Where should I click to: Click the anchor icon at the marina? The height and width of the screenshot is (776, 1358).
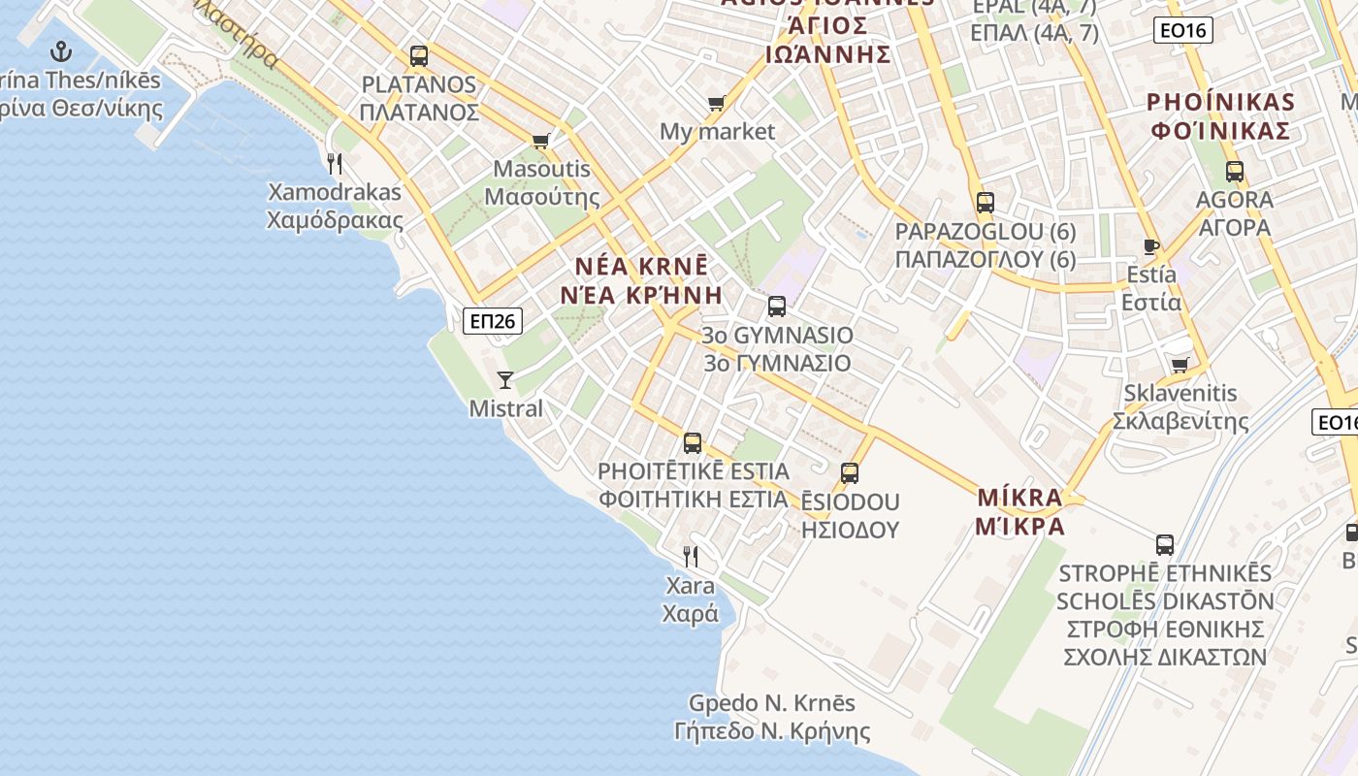click(61, 51)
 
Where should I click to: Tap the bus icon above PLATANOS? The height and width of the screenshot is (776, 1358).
click(419, 56)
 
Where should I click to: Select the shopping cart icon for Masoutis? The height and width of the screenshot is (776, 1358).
click(541, 141)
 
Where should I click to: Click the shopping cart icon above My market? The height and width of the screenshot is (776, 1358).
click(717, 103)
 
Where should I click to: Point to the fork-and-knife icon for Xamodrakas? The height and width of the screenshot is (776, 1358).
click(335, 163)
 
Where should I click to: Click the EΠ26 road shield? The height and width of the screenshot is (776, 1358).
click(493, 320)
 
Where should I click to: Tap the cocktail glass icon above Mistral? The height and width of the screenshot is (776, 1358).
click(505, 379)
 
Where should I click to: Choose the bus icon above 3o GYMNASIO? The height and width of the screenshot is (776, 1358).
click(777, 307)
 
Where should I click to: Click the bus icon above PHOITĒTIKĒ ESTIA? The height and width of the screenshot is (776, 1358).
click(693, 443)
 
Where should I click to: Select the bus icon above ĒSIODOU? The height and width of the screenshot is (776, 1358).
click(850, 473)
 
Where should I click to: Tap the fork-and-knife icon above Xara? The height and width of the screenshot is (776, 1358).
click(691, 557)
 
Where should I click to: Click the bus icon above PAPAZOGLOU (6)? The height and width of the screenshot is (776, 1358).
click(986, 203)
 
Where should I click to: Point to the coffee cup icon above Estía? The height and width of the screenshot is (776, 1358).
click(1151, 246)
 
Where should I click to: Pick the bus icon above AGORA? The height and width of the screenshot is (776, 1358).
click(1235, 172)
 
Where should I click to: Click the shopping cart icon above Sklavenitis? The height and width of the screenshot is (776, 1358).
click(1180, 365)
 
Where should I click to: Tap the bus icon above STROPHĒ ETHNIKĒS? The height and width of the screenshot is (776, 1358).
click(1165, 545)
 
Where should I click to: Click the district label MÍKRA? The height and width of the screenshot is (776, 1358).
click(1020, 498)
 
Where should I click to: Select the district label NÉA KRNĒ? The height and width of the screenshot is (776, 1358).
click(641, 266)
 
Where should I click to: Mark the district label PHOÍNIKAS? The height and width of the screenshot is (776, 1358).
click(1220, 102)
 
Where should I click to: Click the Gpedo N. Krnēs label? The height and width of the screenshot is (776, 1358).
click(772, 702)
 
